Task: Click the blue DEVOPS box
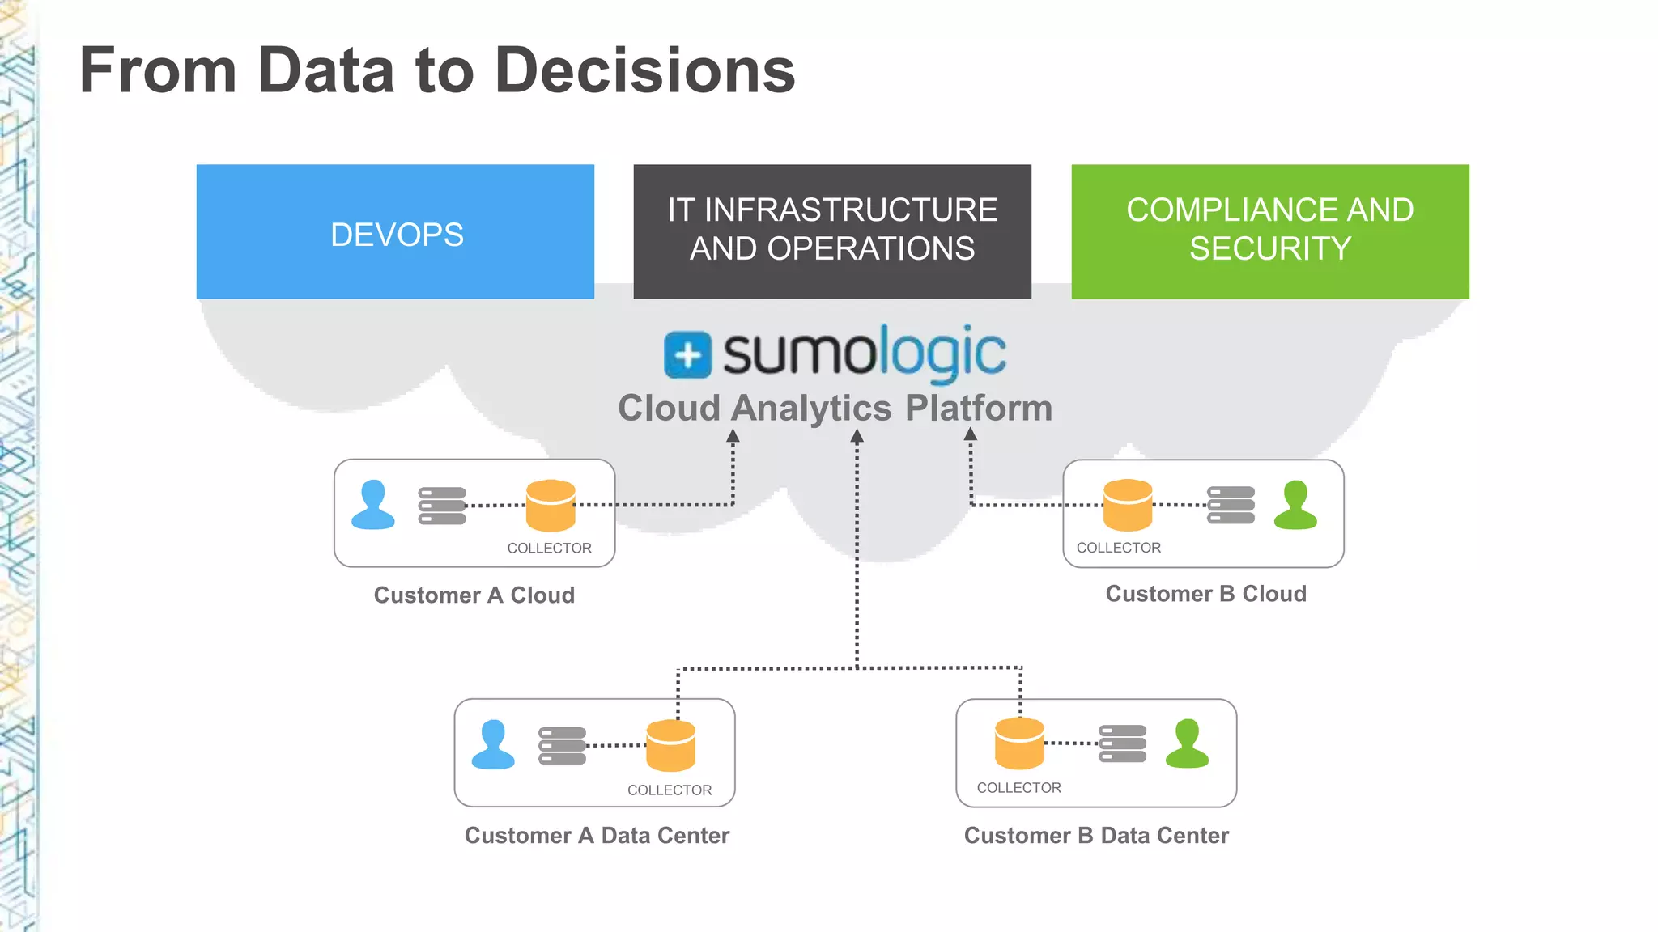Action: coord(395,232)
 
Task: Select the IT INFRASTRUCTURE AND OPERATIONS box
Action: coord(832,232)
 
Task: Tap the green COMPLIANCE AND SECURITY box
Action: coord(1269,232)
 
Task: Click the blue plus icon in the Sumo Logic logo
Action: coord(687,355)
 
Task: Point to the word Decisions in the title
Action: coord(644,70)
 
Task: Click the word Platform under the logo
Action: coord(978,408)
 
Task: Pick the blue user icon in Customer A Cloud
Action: coord(373,506)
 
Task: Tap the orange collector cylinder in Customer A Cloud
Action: coord(551,506)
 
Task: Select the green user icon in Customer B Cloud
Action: coord(1295,506)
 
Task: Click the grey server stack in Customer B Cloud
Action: coord(1231,506)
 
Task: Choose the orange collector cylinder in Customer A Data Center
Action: coord(670,746)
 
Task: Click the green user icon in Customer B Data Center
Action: coord(1187,744)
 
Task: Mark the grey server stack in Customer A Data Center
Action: coord(562,746)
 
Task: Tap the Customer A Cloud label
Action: coord(474,595)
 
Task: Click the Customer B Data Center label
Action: coord(1096,836)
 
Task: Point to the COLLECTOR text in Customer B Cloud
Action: coord(1118,548)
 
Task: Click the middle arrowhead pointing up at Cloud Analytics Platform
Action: coord(857,437)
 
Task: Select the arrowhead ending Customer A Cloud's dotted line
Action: coord(733,437)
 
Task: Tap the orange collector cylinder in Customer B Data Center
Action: coord(1019,743)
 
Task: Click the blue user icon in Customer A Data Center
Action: coord(493,745)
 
